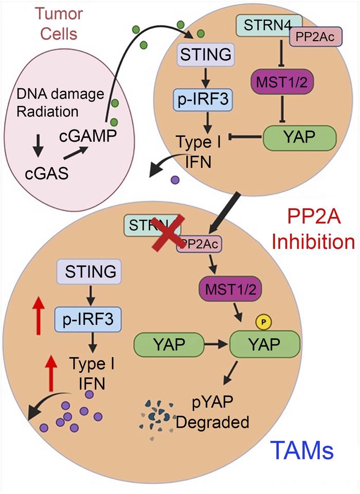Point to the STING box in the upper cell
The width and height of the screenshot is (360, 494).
point(202,53)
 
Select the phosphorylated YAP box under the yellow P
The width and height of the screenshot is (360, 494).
point(263,344)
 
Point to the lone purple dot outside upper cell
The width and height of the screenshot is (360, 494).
point(175,179)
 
